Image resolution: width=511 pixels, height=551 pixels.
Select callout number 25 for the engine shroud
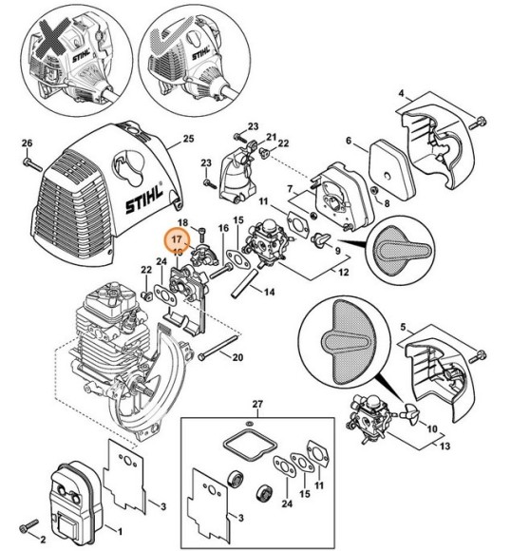pos(188,139)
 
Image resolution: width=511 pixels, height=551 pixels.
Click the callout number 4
pos(403,95)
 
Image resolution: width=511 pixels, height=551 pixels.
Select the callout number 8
pos(385,201)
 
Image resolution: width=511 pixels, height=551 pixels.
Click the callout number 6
pos(349,142)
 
